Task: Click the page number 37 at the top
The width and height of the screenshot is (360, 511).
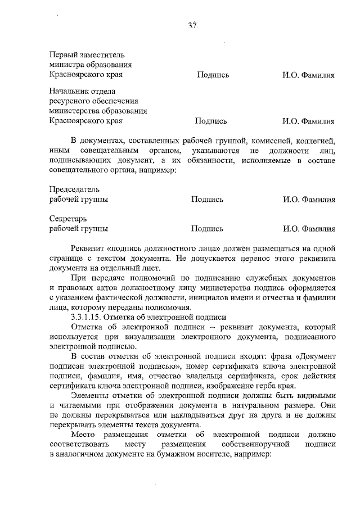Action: click(193, 26)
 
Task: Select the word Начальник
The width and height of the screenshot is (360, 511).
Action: click(67, 92)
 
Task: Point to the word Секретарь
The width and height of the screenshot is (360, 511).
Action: click(67, 219)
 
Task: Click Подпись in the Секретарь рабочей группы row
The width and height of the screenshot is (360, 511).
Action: click(207, 229)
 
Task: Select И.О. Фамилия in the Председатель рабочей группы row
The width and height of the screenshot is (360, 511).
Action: click(309, 200)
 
